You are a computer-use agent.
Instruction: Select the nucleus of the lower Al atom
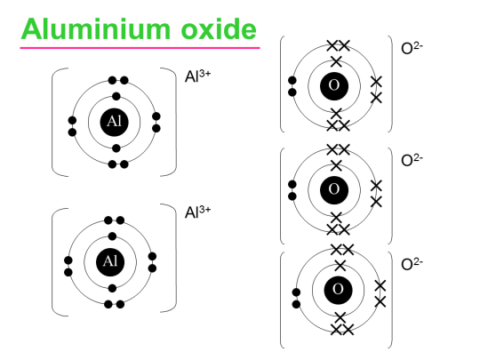pos(111,261)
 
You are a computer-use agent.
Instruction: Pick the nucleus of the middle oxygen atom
pos(334,188)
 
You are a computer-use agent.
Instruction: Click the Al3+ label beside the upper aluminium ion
pos(197,78)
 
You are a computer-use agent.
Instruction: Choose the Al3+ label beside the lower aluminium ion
pos(197,212)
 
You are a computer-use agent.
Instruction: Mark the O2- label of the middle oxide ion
pos(412,160)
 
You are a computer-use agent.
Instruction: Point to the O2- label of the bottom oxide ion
pos(412,264)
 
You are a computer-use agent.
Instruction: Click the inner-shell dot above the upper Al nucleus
pos(115,97)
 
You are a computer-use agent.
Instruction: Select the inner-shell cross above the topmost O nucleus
pos(336,61)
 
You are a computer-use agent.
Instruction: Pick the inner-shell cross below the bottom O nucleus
pos(340,316)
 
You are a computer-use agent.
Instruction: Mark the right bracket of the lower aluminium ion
pos(172,260)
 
